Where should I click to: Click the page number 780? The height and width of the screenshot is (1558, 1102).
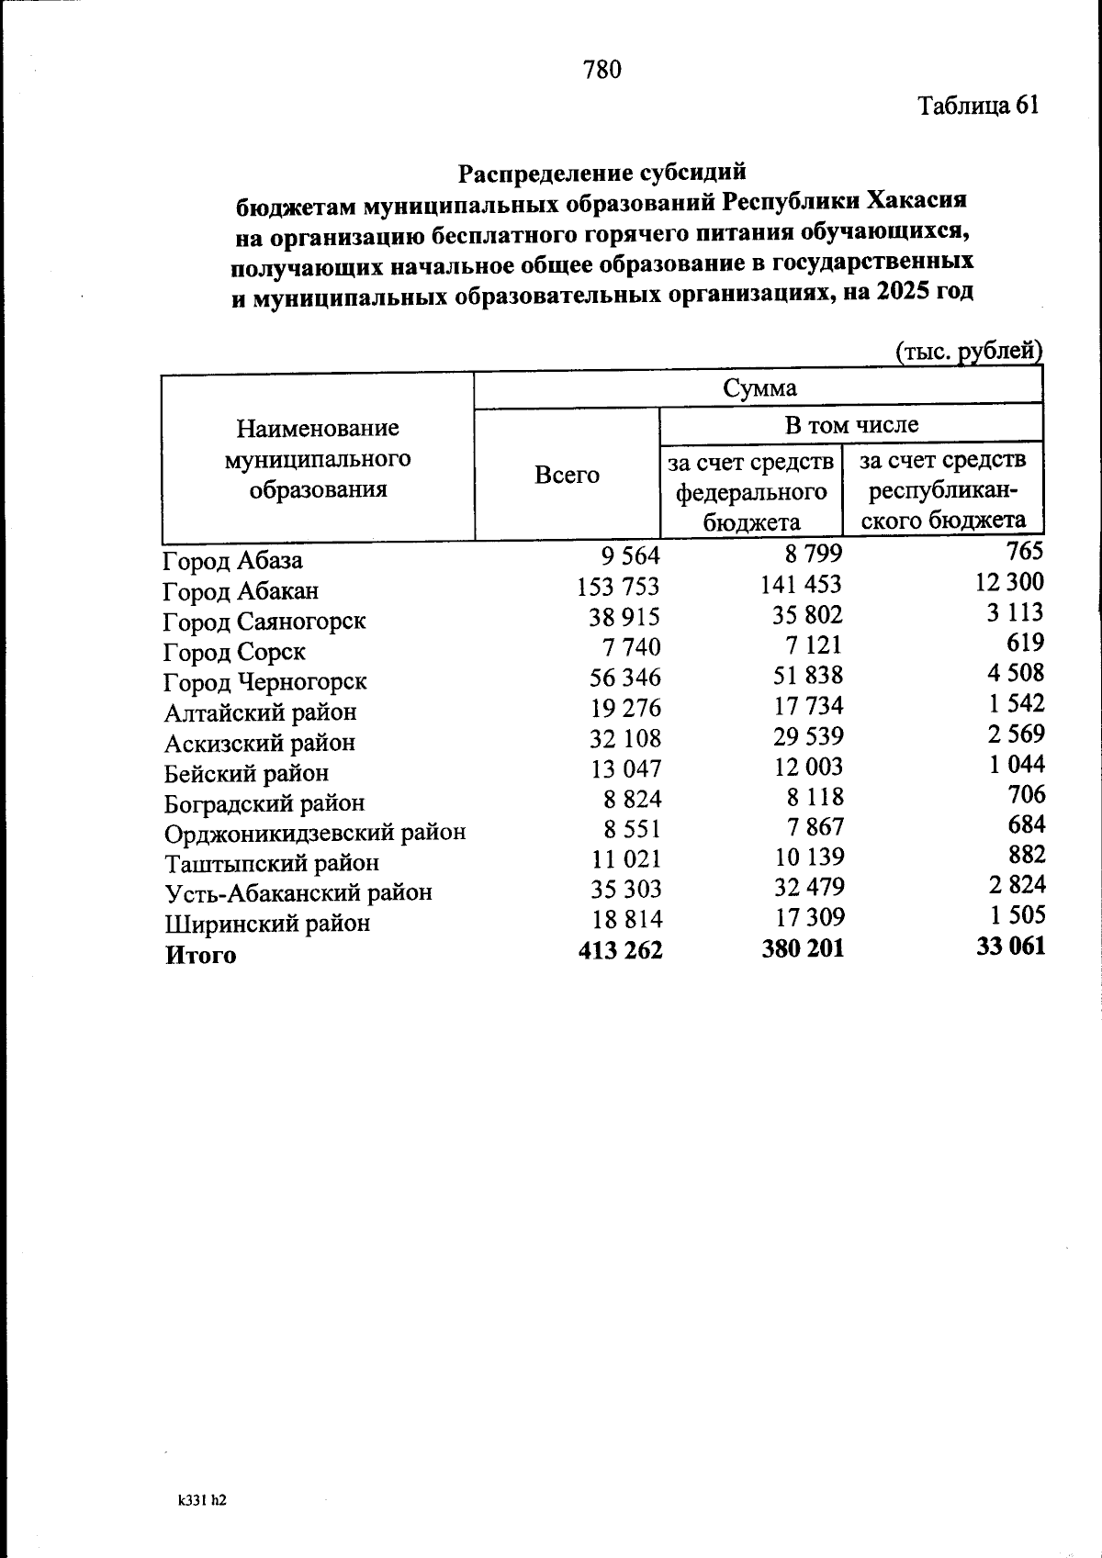click(602, 70)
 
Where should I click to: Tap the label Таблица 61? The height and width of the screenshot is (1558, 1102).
click(978, 106)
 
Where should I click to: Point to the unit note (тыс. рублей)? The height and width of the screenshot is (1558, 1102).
click(968, 351)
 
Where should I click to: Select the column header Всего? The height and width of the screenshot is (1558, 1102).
click(567, 475)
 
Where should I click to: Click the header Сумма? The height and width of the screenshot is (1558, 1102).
click(759, 388)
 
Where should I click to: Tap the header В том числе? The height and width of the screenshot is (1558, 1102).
click(850, 425)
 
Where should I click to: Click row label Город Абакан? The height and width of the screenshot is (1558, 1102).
click(241, 591)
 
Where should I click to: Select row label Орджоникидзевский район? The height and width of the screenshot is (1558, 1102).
click(315, 833)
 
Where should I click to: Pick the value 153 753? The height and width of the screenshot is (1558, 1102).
click(618, 587)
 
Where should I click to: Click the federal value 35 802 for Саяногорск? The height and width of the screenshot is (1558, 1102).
click(807, 614)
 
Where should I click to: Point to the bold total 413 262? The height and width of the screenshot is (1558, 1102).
click(620, 950)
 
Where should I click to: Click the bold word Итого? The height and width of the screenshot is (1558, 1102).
click(200, 955)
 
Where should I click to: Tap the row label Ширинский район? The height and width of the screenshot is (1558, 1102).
click(267, 923)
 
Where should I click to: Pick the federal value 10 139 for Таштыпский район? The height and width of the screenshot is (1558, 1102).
click(808, 857)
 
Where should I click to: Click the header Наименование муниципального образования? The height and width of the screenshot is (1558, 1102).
click(318, 458)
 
